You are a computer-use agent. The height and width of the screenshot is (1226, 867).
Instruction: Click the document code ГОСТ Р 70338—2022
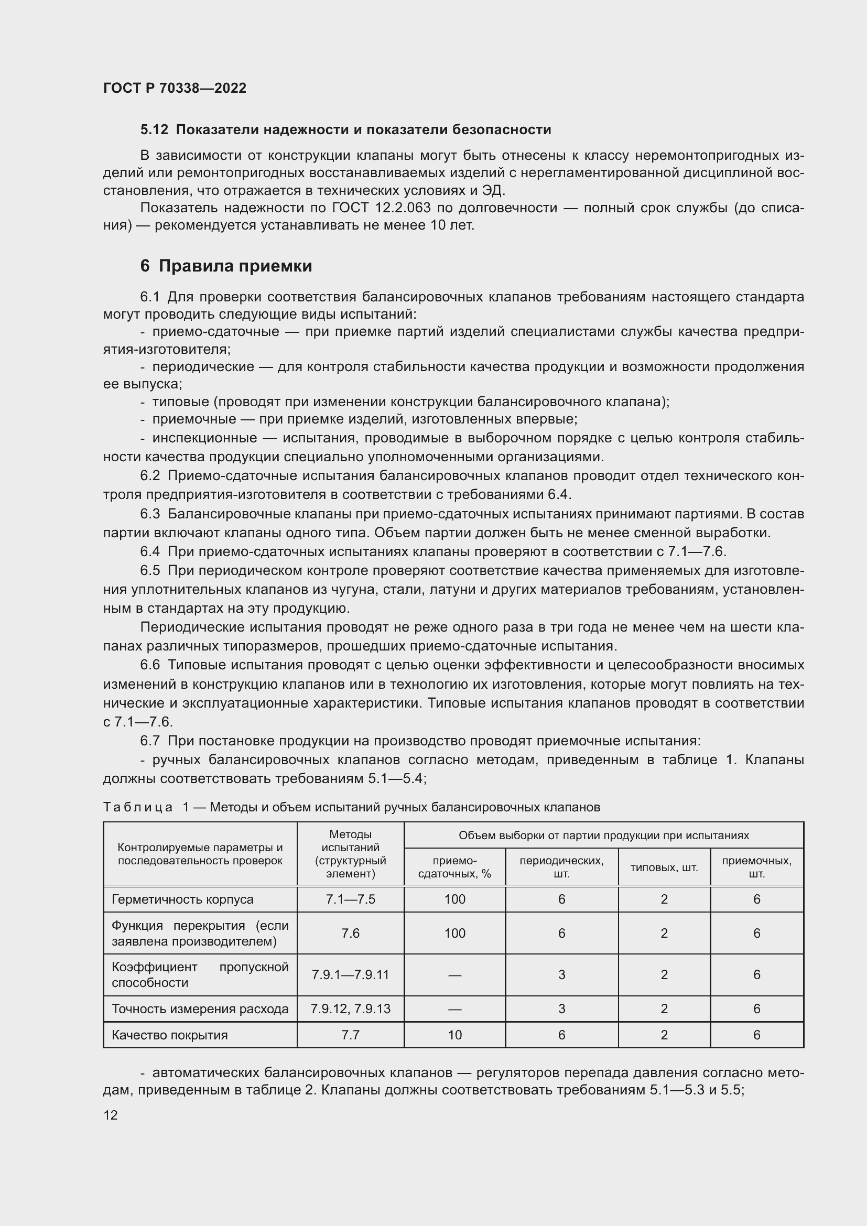pyautogui.click(x=175, y=88)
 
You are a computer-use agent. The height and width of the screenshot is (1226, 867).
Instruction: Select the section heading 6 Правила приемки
pyautogui.click(x=226, y=266)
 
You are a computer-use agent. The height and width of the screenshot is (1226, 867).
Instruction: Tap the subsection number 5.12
pyautogui.click(x=154, y=130)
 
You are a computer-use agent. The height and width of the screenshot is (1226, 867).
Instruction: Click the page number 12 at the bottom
pyautogui.click(x=111, y=1115)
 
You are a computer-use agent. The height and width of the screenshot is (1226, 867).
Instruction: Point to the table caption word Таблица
pyautogui.click(x=138, y=807)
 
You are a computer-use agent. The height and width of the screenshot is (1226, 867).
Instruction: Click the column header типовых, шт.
pyautogui.click(x=664, y=867)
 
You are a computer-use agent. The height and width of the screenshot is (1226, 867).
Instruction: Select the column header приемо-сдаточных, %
pyautogui.click(x=454, y=867)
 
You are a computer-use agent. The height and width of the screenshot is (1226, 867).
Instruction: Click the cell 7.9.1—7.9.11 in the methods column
pyautogui.click(x=350, y=974)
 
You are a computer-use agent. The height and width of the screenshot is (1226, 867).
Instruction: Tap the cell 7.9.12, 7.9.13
pyautogui.click(x=350, y=1008)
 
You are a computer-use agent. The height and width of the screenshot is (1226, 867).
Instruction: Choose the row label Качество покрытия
pyautogui.click(x=170, y=1035)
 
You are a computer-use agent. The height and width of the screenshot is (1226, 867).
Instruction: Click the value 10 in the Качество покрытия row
pyautogui.click(x=454, y=1035)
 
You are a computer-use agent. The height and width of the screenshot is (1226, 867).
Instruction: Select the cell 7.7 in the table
pyautogui.click(x=350, y=1035)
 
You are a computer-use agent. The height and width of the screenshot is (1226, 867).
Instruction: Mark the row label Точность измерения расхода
pyautogui.click(x=200, y=1008)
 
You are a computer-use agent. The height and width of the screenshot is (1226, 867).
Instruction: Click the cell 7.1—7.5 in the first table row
pyautogui.click(x=350, y=899)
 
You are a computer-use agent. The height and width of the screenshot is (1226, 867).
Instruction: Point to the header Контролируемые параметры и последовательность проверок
pyautogui.click(x=200, y=854)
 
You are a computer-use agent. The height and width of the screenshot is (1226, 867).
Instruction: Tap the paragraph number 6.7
pyautogui.click(x=150, y=741)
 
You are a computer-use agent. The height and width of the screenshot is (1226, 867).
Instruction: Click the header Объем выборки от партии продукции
pyautogui.click(x=603, y=835)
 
